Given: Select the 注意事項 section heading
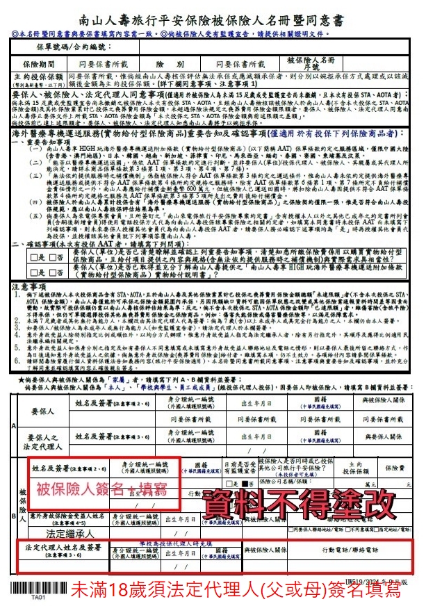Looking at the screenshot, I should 26,286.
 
